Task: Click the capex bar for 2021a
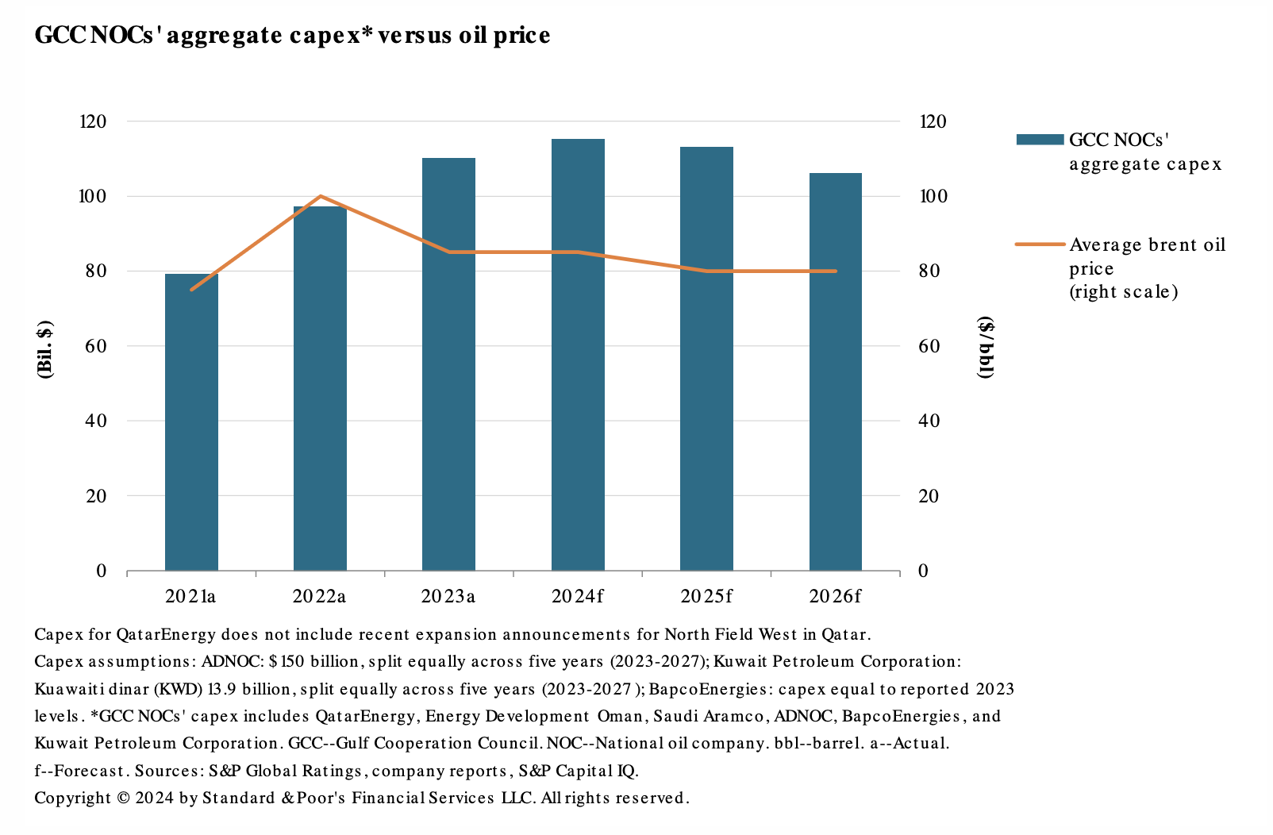pyautogui.click(x=191, y=421)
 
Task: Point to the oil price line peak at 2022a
pyautogui.click(x=320, y=196)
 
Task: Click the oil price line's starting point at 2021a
pyautogui.click(x=191, y=290)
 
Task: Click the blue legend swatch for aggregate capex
pyautogui.click(x=1039, y=140)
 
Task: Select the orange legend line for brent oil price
pyautogui.click(x=1039, y=244)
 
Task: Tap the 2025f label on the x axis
pyautogui.click(x=706, y=596)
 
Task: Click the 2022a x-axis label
pyautogui.click(x=319, y=596)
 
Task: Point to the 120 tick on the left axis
pyautogui.click(x=93, y=121)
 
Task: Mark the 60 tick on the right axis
pyautogui.click(x=929, y=346)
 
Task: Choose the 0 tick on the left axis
pyautogui.click(x=101, y=571)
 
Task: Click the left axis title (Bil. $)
pyautogui.click(x=45, y=348)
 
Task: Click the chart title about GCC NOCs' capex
pyautogui.click(x=292, y=36)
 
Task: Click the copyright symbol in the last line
pyautogui.click(x=123, y=798)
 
